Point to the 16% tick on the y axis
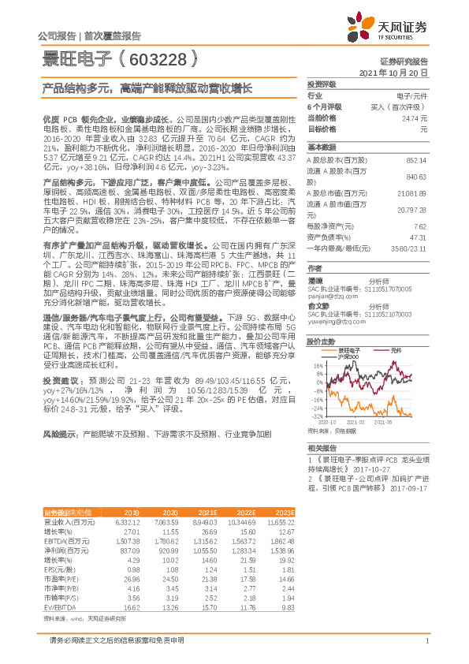318,366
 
